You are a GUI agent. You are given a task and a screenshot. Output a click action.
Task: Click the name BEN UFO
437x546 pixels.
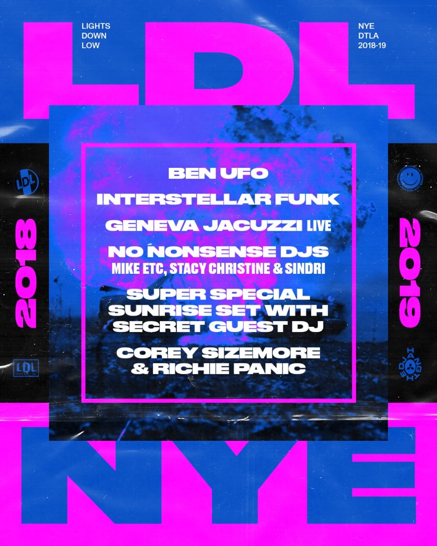tap(218, 173)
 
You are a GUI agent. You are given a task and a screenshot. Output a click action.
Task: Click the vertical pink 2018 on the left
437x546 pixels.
tap(26, 273)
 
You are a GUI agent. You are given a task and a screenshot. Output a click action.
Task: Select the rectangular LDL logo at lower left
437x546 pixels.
tap(26, 368)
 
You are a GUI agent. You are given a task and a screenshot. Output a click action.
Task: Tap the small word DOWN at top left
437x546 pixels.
tap(94, 36)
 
